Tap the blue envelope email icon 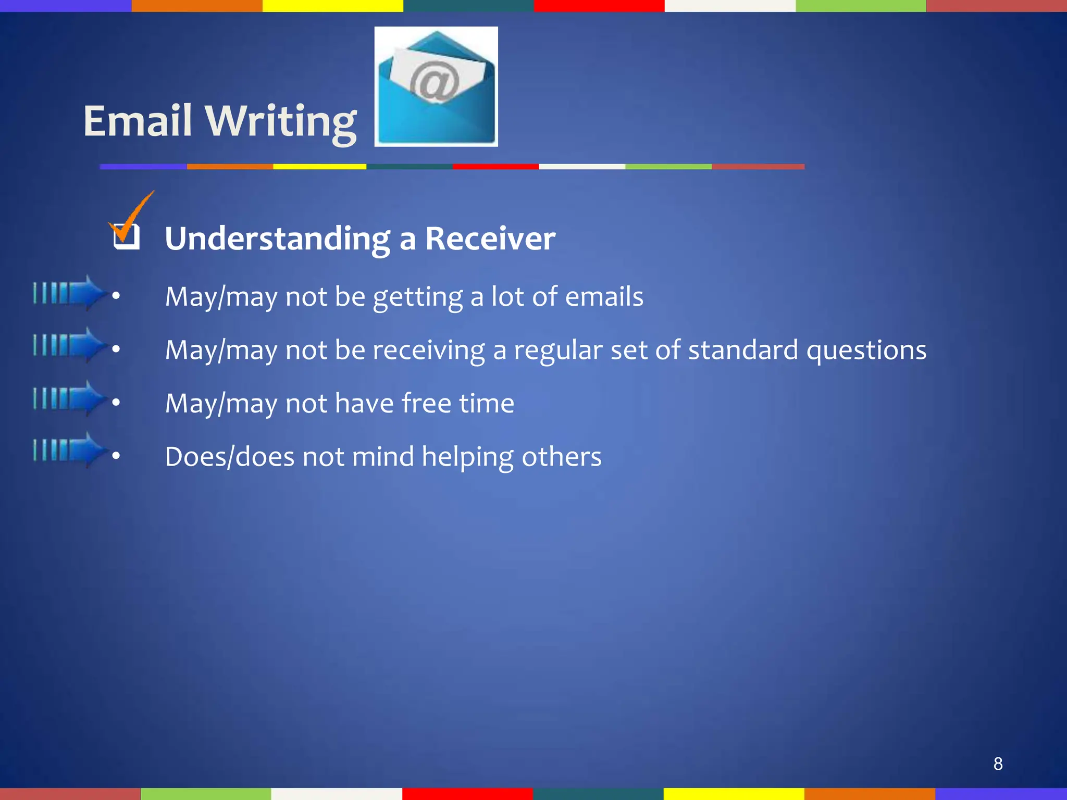[436, 86]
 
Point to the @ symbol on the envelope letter [433, 81]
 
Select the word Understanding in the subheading [277, 239]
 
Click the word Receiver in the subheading [490, 239]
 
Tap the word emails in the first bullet [604, 296]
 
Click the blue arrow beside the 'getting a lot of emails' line [70, 293]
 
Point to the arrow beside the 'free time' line [70, 398]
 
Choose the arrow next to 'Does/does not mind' [70, 450]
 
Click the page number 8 [998, 764]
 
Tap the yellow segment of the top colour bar [332, 6]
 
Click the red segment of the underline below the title [495, 167]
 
